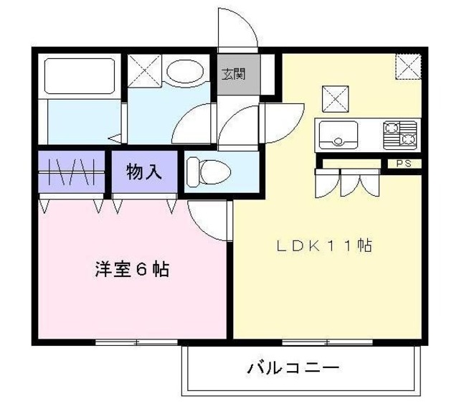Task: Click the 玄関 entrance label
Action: [232, 74]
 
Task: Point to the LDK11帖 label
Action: [324, 246]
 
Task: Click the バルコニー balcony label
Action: [293, 369]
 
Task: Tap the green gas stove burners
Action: [400, 133]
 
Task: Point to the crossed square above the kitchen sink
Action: [334, 98]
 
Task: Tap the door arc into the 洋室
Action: [208, 219]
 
